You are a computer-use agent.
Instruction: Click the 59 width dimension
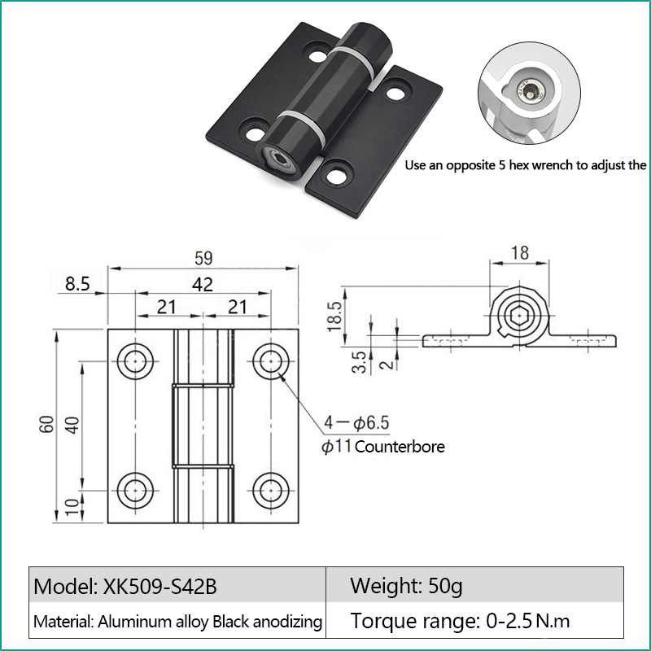point(203,258)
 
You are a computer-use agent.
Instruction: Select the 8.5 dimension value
point(77,284)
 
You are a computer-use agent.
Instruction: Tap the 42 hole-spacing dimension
point(203,284)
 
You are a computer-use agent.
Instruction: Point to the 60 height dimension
point(47,424)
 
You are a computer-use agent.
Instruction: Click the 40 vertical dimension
point(72,425)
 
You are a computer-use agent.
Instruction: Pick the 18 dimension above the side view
point(520,253)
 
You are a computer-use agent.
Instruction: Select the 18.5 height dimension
point(334,317)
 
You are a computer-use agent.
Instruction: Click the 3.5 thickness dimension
point(359,362)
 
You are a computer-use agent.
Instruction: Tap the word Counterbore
point(400,447)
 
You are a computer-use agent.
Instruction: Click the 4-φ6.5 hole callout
point(356,422)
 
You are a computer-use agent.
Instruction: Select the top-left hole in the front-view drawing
point(135,361)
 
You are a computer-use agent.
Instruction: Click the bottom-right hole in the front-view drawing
point(271,491)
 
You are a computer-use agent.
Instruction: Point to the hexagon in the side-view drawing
point(519,317)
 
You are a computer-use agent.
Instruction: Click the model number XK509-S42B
point(159,587)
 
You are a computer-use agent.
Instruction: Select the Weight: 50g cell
point(406,586)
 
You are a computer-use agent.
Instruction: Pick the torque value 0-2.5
point(509,621)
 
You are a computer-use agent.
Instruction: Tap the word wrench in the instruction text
point(554,165)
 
